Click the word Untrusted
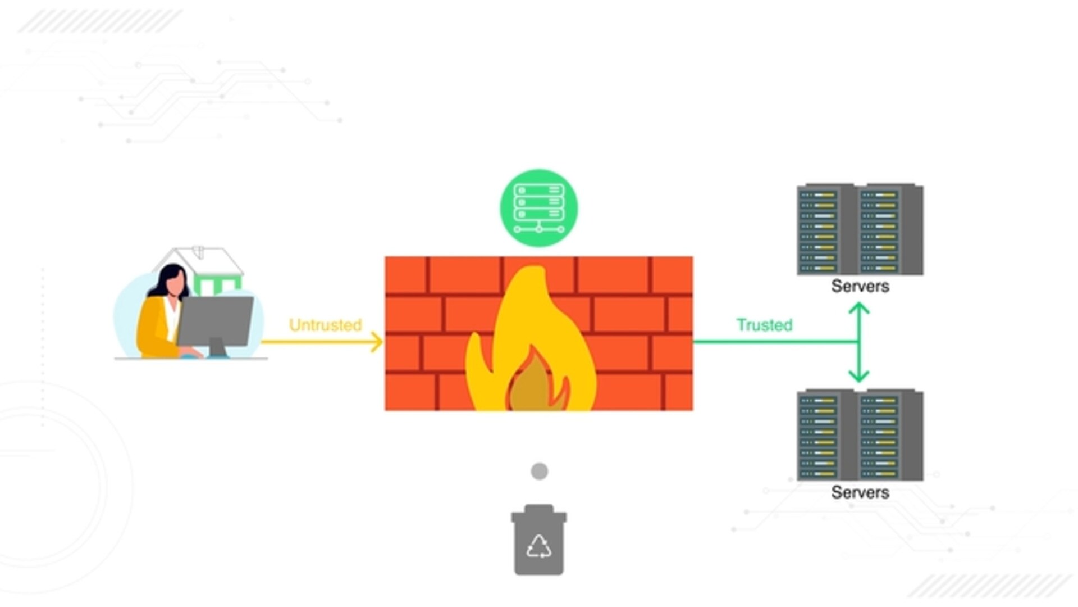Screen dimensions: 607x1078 click(x=325, y=325)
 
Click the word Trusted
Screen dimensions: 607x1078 click(x=764, y=325)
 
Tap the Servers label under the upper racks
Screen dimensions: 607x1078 click(x=860, y=286)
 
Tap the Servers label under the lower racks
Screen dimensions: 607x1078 click(x=860, y=492)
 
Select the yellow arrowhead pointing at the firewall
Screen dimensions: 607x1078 click(x=377, y=342)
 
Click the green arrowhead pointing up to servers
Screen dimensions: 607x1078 click(x=859, y=308)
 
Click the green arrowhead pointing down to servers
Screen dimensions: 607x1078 click(x=859, y=375)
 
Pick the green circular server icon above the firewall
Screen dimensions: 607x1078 click(x=539, y=208)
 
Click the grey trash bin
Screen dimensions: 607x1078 click(x=539, y=542)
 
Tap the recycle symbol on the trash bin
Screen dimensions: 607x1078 click(x=539, y=546)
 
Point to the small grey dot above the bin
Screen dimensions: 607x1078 click(x=539, y=471)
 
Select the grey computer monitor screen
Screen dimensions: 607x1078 click(x=216, y=320)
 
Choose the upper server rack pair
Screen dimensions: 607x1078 click(x=860, y=229)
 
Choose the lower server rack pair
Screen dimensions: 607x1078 click(x=860, y=434)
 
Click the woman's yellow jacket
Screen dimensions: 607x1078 click(x=153, y=329)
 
